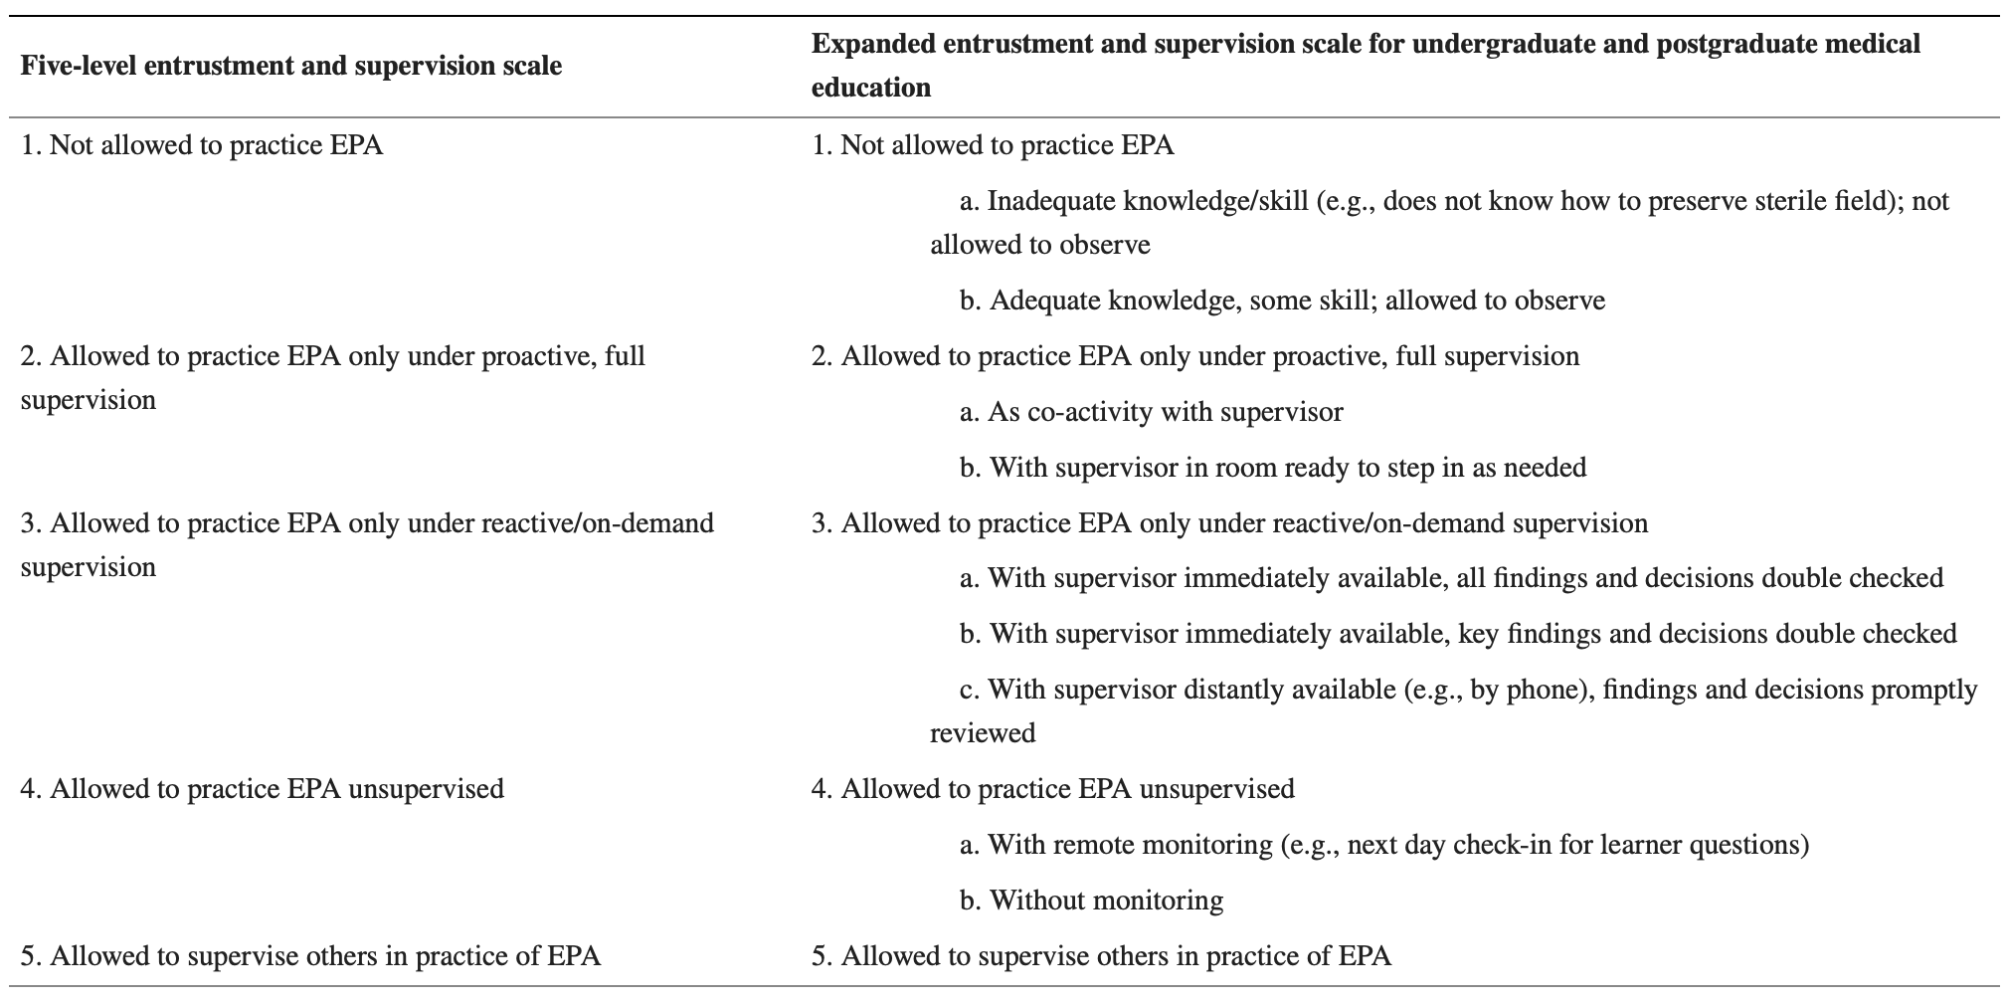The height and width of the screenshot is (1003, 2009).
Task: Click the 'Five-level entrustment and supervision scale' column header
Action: tap(290, 66)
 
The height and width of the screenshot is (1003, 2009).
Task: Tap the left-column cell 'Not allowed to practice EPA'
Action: tap(202, 145)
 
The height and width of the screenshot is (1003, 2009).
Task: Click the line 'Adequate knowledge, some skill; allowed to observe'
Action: tap(1283, 301)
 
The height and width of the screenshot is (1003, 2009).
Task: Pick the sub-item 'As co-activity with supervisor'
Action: tap(1152, 412)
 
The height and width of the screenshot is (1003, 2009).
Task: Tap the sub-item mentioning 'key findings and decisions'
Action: tap(1458, 634)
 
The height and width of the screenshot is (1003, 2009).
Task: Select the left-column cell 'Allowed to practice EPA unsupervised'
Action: tap(263, 789)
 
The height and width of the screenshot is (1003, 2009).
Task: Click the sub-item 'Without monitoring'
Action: tap(1092, 901)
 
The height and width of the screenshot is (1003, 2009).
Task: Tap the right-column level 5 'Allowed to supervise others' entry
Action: tap(1102, 956)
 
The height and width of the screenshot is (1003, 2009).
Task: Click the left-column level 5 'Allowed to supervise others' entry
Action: tap(310, 956)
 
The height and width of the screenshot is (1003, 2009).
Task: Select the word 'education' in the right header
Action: tap(871, 88)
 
